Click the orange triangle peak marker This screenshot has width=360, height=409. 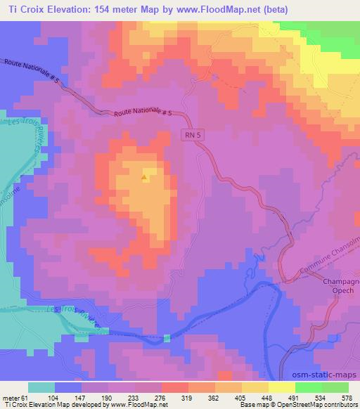[x=144, y=178]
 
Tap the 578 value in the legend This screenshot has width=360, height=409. [x=347, y=397]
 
